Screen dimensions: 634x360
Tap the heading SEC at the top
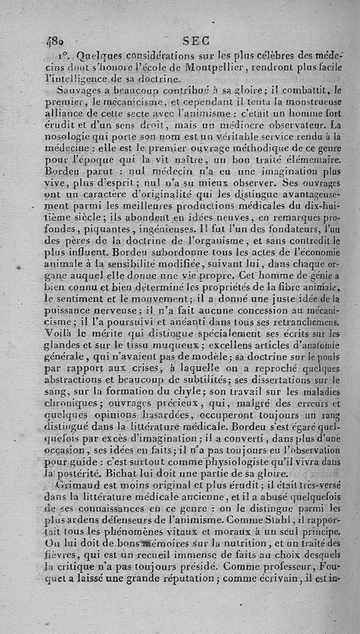(196, 41)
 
